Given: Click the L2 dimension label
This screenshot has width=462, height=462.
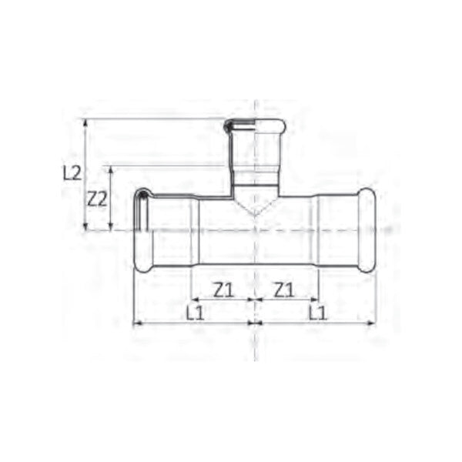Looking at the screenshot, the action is pos(72,173).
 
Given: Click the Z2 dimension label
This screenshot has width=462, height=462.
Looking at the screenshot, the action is pos(97,199).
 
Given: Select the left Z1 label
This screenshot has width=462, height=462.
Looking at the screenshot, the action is pos(224,290).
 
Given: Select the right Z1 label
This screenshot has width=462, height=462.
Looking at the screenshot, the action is pos(284,290).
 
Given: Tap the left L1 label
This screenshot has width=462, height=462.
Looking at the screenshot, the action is pos(195,313).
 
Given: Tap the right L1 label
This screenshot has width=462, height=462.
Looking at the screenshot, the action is pos(318,313).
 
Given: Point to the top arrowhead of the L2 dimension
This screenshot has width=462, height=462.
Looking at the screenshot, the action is pos(85,122).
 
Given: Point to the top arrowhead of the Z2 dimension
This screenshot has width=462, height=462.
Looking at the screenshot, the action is pos(111,169).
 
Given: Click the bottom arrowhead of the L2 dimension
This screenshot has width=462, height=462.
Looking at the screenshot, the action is pos(85,226).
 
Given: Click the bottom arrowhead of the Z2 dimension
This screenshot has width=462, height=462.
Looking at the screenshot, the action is pos(111,226).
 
